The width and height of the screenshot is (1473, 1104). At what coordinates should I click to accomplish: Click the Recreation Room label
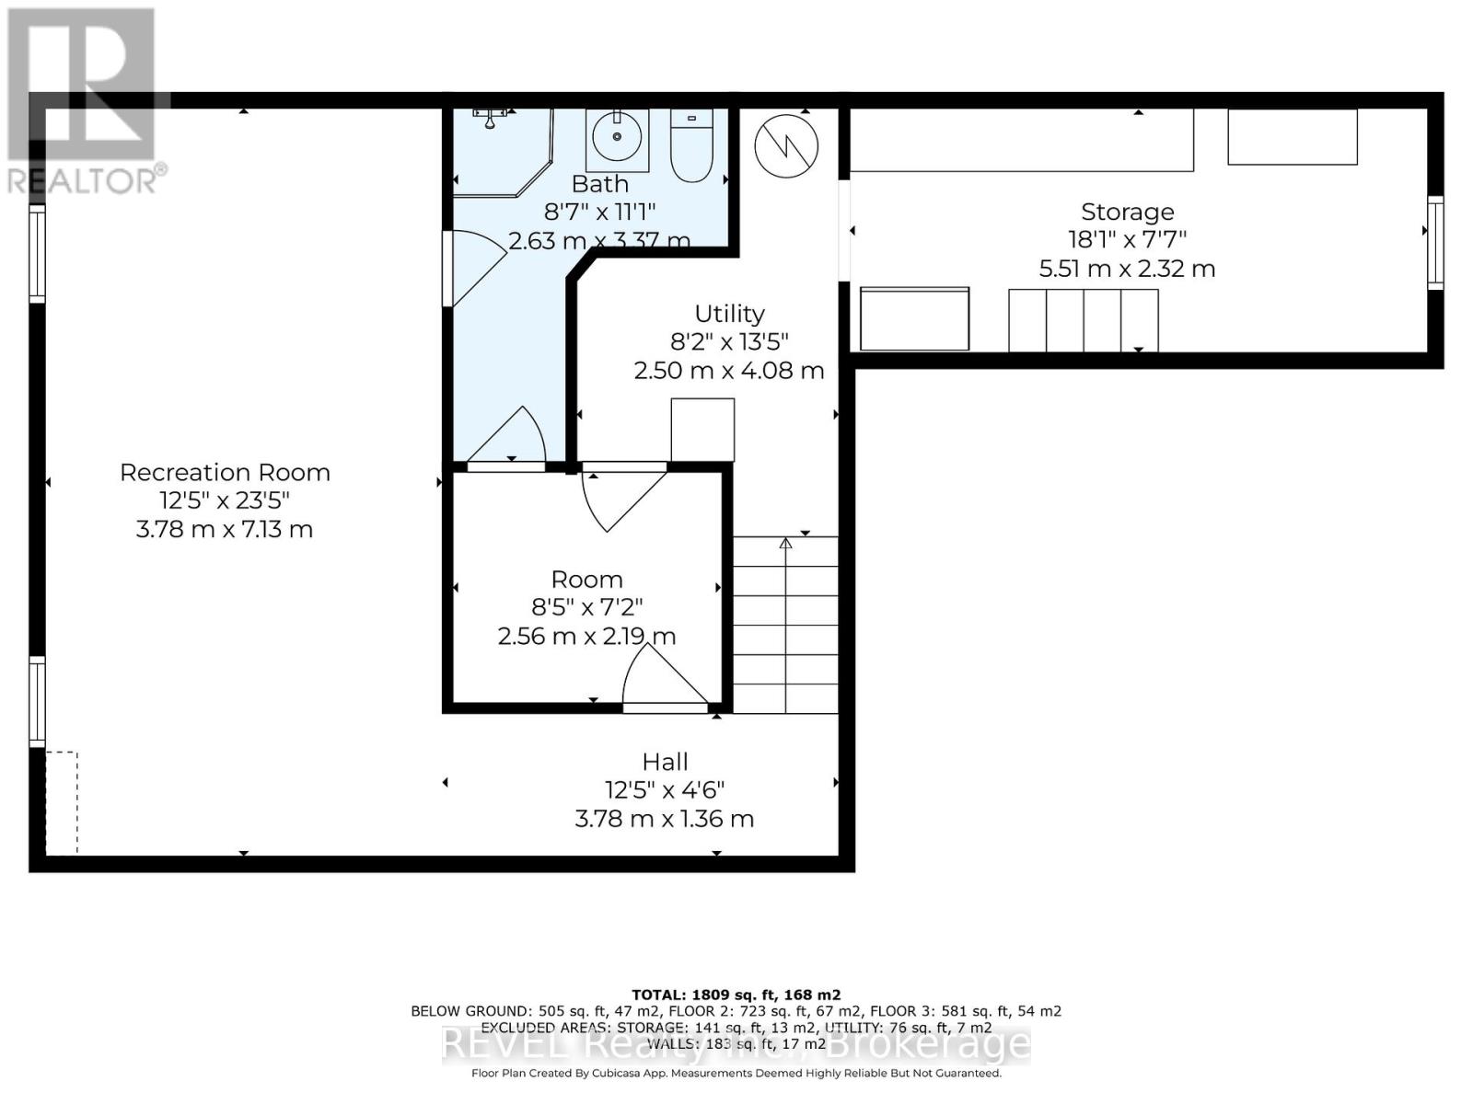(x=225, y=472)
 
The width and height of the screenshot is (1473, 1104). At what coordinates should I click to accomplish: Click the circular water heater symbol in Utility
(x=786, y=145)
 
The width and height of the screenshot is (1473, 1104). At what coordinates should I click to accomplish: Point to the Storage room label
(x=1127, y=212)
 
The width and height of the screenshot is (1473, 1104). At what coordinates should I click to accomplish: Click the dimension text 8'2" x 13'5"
(x=729, y=342)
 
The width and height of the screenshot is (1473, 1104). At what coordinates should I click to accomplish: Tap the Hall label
(x=665, y=762)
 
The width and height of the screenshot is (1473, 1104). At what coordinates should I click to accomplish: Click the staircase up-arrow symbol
(x=785, y=545)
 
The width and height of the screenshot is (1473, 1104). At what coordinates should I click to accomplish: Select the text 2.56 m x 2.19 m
(x=586, y=636)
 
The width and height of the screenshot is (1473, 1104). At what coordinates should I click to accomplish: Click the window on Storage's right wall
(x=1434, y=243)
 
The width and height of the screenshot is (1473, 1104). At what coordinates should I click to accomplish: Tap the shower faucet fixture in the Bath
(x=491, y=116)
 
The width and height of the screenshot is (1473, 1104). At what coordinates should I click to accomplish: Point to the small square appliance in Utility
(x=702, y=429)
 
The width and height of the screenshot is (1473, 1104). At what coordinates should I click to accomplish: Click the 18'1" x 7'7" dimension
(x=1127, y=240)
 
